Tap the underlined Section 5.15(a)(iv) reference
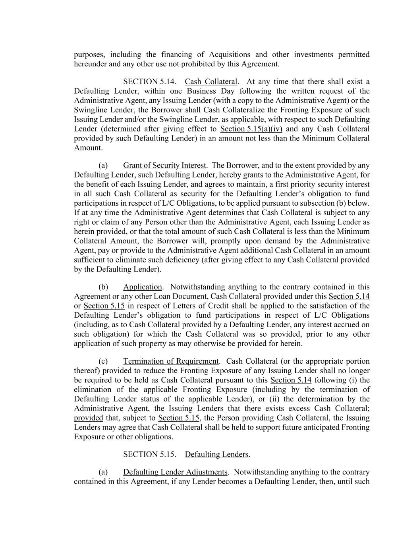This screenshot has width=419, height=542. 251,129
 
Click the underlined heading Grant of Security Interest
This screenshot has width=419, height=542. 164,166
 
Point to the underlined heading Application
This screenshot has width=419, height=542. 143,287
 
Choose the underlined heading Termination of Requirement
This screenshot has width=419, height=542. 171,361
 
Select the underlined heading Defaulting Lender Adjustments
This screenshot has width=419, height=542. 175,472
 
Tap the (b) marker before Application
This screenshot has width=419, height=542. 103,287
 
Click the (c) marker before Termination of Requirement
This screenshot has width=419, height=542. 103,361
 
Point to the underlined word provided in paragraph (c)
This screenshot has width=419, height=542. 88,418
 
